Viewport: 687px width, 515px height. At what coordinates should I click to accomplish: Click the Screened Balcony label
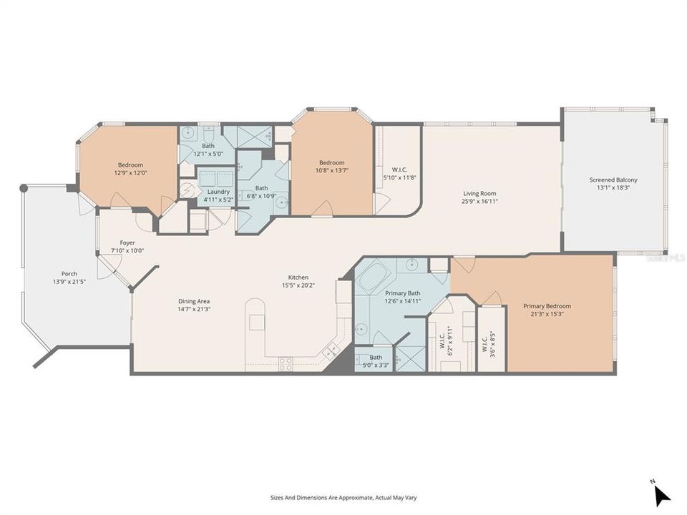pos(613,180)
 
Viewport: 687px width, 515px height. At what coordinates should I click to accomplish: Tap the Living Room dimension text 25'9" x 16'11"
pos(479,202)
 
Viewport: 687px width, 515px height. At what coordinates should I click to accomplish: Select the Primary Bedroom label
pos(547,306)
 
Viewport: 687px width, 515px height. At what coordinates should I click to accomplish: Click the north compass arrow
pos(662,496)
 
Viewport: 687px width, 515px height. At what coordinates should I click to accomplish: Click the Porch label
pos(69,273)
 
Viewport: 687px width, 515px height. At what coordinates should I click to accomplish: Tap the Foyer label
pos(127,242)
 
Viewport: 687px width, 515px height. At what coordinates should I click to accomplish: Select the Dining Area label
pos(193,301)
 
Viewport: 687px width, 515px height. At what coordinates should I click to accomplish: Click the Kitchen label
pos(298,277)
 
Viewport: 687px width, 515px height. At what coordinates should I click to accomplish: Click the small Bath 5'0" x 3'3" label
pos(375,357)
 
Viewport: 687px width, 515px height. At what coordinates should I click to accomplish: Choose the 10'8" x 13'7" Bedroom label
pos(331,162)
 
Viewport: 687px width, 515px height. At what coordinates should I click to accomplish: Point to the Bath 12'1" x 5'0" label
pos(208,146)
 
